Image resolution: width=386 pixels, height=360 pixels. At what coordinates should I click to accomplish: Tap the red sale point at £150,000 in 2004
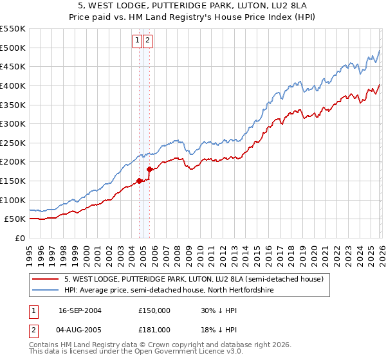pyautogui.click(x=139, y=181)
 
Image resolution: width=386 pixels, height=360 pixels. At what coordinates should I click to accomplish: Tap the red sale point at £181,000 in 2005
pyautogui.click(x=149, y=169)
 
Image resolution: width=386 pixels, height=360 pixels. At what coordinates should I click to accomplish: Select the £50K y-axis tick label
pyautogui.click(x=15, y=219)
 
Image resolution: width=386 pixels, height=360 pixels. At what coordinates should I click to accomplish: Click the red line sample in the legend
pyautogui.click(x=46, y=278)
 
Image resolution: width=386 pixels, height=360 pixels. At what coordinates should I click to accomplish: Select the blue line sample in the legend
pyautogui.click(x=46, y=290)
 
